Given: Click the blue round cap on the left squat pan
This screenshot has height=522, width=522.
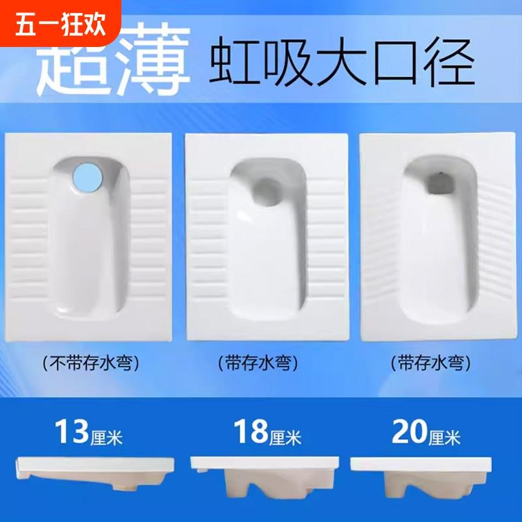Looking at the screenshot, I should (87, 177).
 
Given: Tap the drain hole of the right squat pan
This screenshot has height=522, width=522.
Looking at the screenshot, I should (439, 183).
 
